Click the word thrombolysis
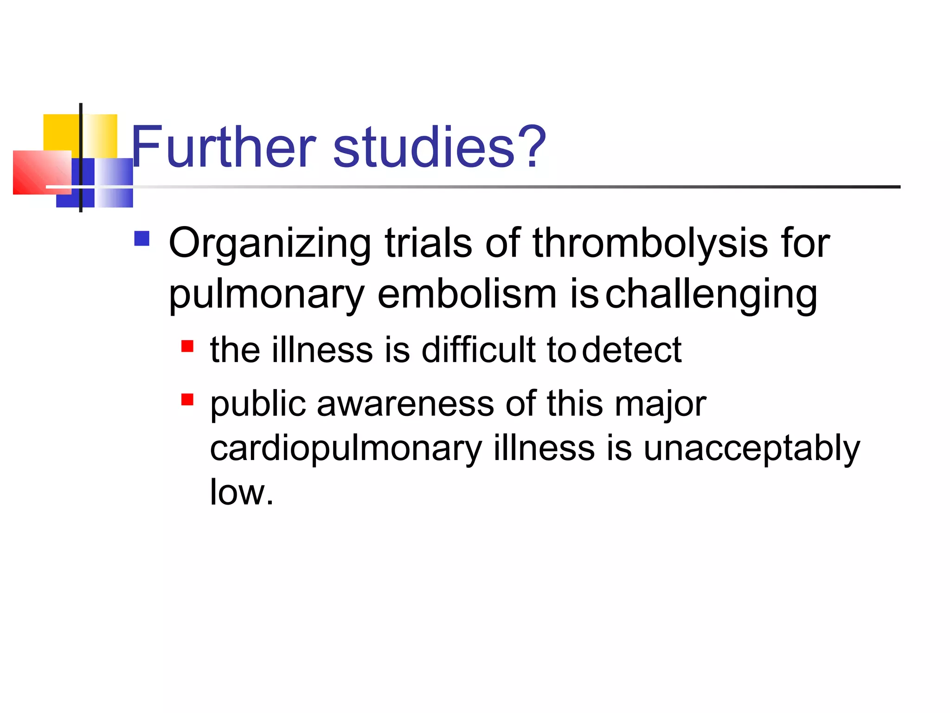coord(650,243)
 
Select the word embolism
coord(467,294)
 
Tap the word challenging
coord(711,295)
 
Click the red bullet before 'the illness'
coord(187,346)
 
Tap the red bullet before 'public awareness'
coord(187,399)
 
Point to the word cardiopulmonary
coord(346,449)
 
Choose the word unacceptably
coord(751,449)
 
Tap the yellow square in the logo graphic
coord(60,132)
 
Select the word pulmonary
coord(266,295)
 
